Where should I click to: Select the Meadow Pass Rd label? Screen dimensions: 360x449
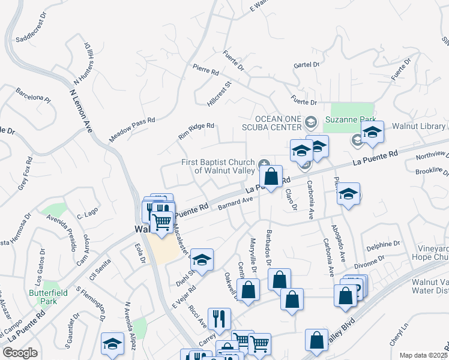click(x=132, y=130)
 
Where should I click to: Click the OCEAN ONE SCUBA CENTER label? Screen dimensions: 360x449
click(x=278, y=122)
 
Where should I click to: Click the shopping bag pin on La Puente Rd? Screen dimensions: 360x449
click(x=271, y=176)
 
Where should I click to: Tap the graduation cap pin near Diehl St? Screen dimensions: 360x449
click(x=202, y=260)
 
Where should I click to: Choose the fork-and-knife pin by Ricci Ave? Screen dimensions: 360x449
click(x=219, y=317)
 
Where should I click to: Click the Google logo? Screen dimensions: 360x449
click(x=20, y=353)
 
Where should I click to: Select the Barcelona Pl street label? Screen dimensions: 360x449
click(x=34, y=96)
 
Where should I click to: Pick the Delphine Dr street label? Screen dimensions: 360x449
click(x=383, y=245)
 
